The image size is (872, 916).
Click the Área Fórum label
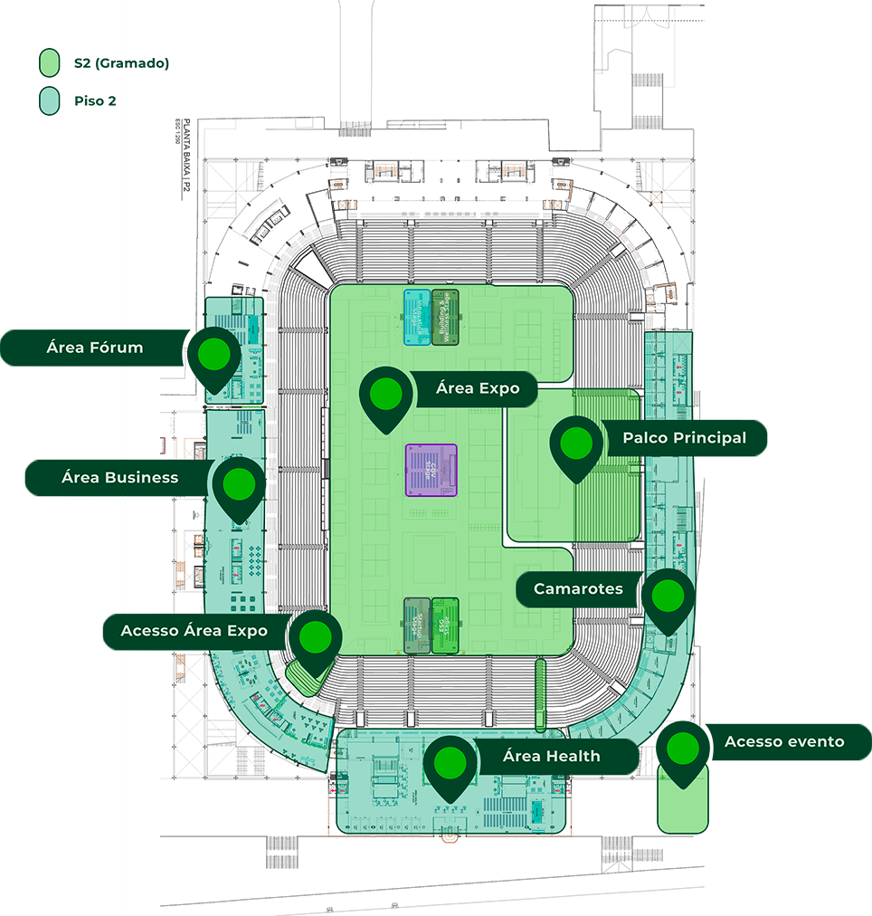(95, 348)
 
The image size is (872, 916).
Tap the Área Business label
(119, 477)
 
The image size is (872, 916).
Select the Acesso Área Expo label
(194, 631)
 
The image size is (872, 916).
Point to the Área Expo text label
(478, 388)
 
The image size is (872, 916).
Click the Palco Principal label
(684, 438)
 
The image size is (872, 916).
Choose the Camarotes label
(578, 589)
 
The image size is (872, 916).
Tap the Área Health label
(551, 756)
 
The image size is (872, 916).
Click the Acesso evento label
(784, 742)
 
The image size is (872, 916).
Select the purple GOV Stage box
(431, 469)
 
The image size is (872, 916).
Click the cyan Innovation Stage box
(416, 317)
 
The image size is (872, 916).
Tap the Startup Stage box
(417, 625)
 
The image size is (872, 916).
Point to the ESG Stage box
(445, 625)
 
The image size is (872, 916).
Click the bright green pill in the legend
(50, 63)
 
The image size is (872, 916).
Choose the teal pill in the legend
(50, 101)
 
